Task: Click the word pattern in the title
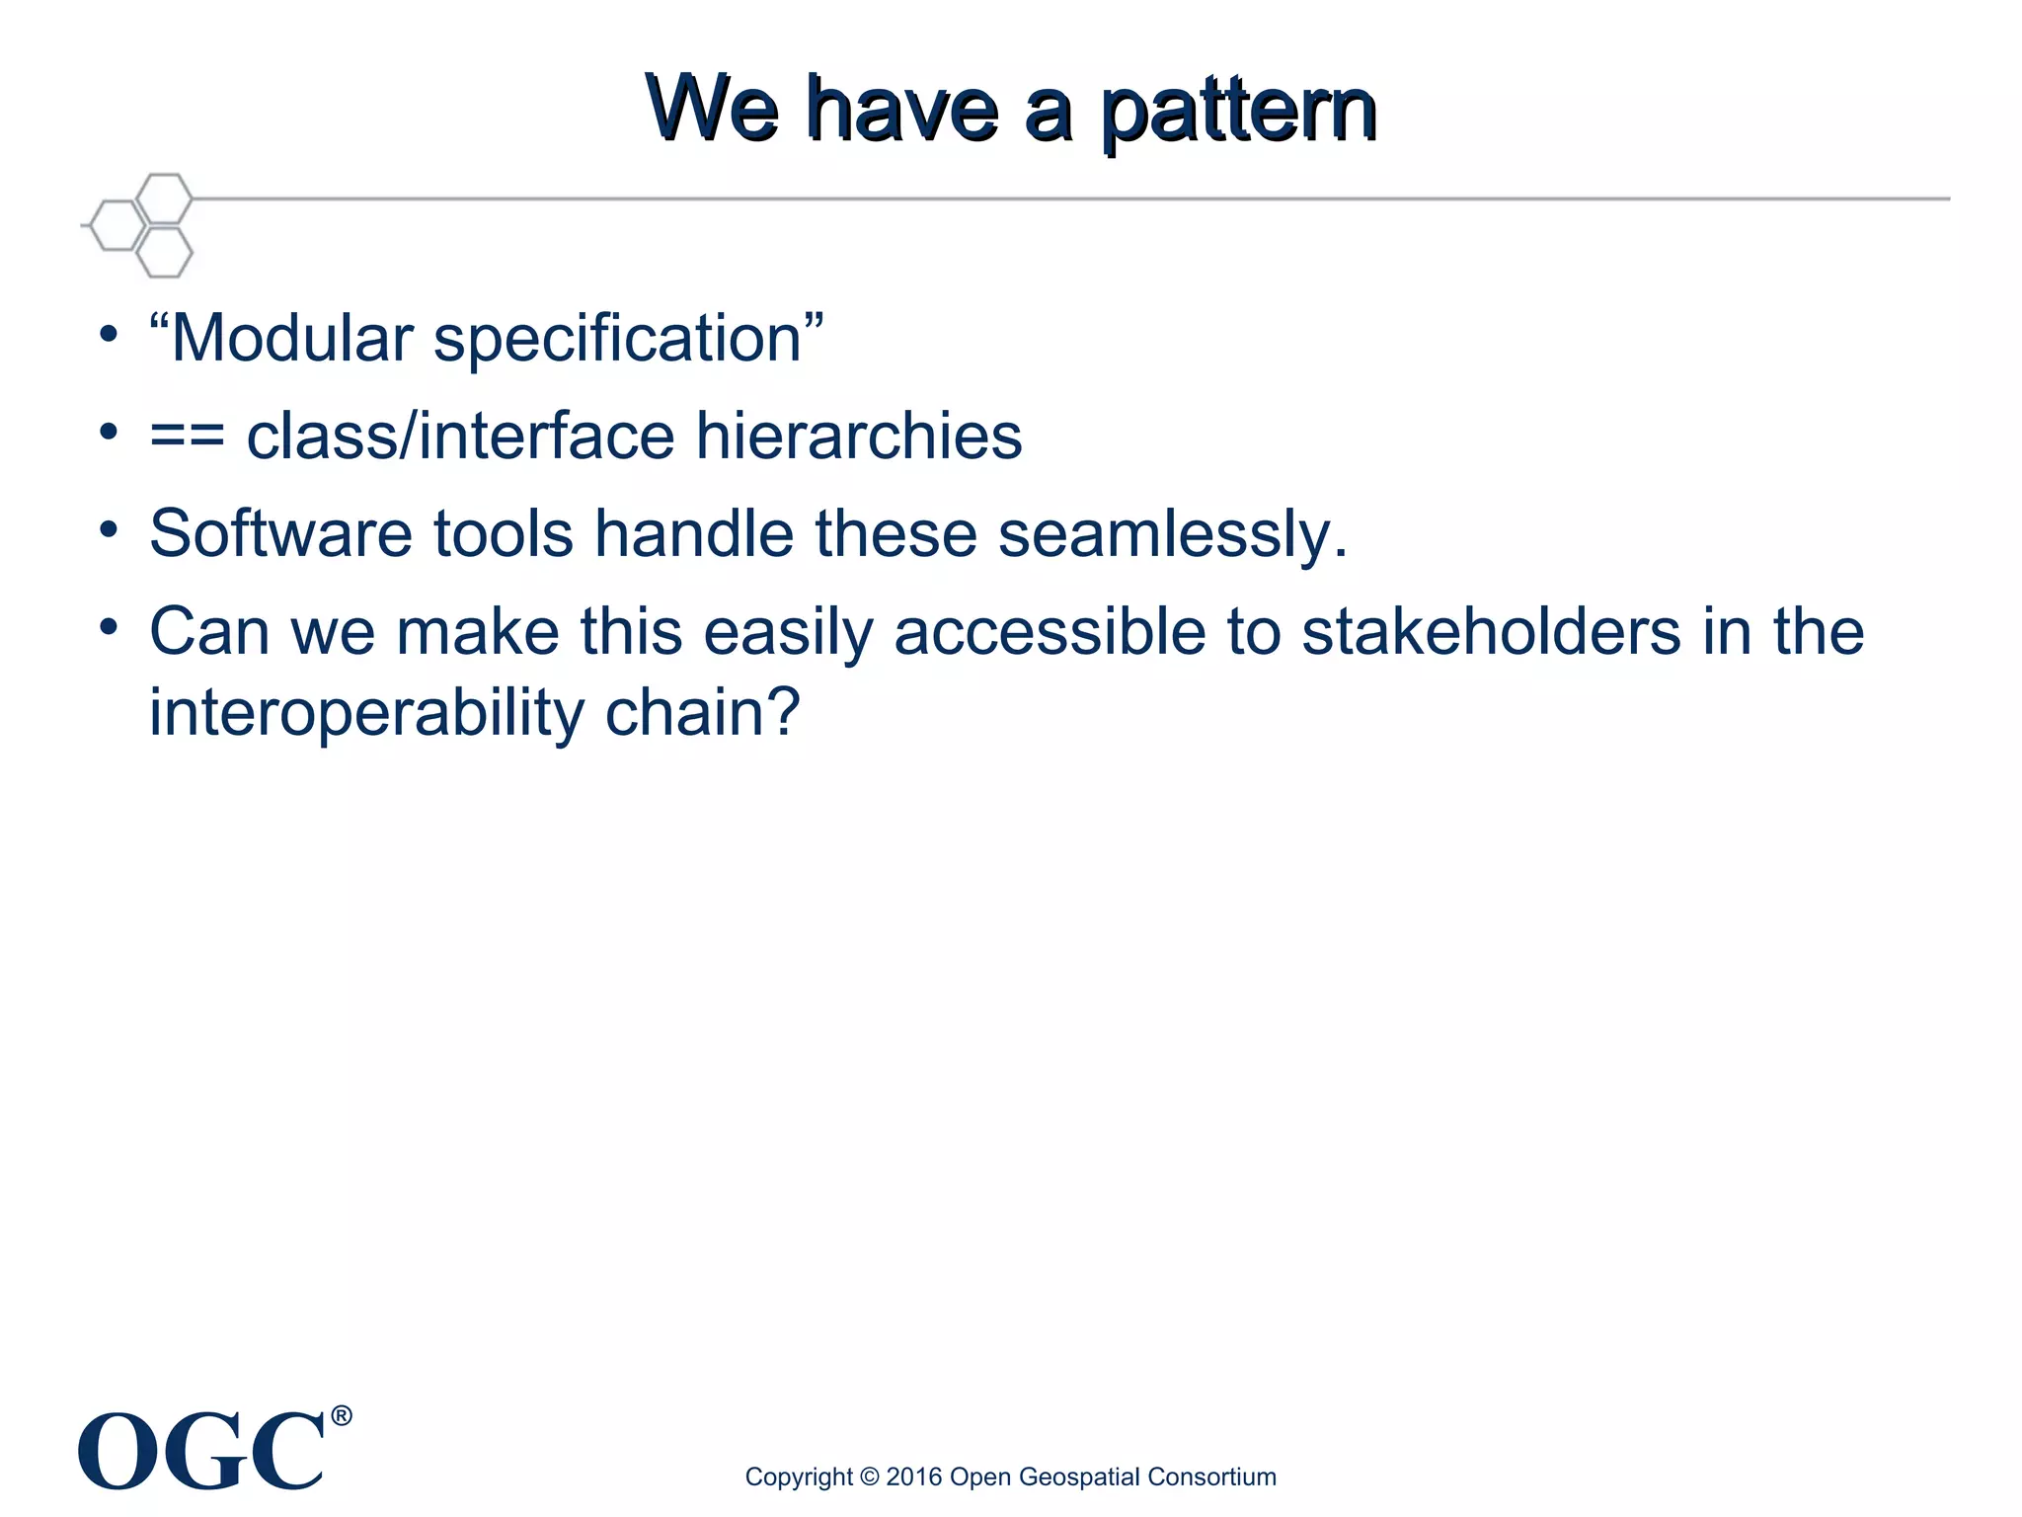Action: click(x=1238, y=111)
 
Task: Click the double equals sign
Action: click(x=187, y=437)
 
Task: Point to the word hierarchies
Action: click(x=858, y=436)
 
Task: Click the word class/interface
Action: click(x=460, y=436)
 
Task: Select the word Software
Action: click(x=280, y=533)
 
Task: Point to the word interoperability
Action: click(x=366, y=713)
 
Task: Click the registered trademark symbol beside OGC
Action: click(x=341, y=1416)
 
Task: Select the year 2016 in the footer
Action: click(x=913, y=1477)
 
